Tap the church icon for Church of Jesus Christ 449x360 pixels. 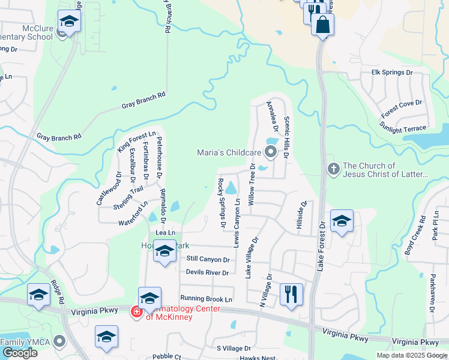pos(333,170)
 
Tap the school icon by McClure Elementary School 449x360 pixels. pos(70,22)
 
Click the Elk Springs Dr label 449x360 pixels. pos(393,73)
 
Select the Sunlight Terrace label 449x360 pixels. pos(402,128)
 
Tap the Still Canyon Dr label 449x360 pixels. pos(208,259)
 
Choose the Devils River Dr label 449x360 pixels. pos(208,272)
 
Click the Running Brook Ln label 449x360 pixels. pos(206,298)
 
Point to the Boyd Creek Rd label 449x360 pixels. pos(415,234)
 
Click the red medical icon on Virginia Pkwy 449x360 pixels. pos(136,311)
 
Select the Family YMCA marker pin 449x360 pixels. pos(59,341)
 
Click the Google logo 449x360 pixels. pos(20,353)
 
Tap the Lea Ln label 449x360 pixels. pos(166,232)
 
